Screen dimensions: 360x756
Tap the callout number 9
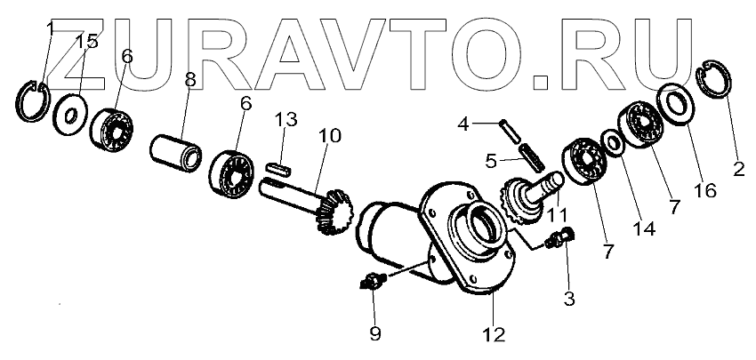(374, 333)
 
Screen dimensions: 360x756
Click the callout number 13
(284, 120)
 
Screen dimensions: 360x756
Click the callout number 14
(644, 228)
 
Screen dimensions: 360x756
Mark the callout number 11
(558, 214)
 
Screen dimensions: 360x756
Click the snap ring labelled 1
(34, 99)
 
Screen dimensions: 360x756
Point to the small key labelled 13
(279, 166)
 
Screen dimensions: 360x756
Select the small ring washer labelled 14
(611, 142)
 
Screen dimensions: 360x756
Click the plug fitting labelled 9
(368, 284)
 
